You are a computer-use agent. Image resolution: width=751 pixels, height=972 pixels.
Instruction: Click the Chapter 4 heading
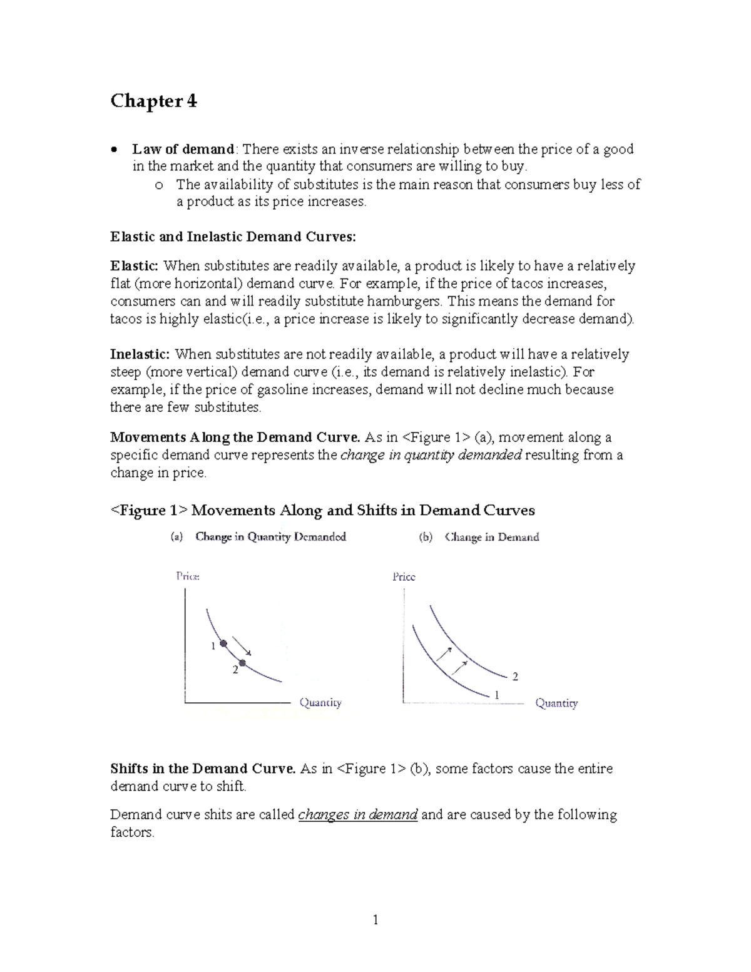click(153, 101)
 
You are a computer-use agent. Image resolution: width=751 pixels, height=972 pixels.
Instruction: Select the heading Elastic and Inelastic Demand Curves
click(233, 237)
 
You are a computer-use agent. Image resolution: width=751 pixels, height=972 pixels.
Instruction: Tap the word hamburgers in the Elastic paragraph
click(403, 301)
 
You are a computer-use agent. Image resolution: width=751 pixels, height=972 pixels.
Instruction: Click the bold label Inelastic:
click(140, 354)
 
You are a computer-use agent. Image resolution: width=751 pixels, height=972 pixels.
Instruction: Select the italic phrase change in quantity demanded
click(431, 455)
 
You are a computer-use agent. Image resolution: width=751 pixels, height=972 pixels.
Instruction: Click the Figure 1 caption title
click(322, 510)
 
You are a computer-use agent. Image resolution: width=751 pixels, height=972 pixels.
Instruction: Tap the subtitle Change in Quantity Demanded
click(270, 537)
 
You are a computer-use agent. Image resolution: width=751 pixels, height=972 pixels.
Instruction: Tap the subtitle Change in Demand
click(491, 537)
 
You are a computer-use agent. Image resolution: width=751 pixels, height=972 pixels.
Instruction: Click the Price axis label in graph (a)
click(188, 576)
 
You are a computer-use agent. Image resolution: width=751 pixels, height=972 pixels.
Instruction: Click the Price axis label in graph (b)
click(404, 576)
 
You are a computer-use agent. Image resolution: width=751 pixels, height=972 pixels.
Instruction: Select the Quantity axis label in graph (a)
click(320, 702)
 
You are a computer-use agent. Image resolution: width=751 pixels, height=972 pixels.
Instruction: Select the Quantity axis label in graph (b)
click(556, 703)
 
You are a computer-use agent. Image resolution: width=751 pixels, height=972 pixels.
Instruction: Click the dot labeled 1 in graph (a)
click(223, 643)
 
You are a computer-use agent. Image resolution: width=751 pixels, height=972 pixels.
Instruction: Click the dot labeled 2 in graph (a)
click(243, 663)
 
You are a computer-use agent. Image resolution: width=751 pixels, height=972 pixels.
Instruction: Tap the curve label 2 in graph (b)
click(515, 677)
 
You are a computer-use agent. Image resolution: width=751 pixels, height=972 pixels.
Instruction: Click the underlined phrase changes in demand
click(358, 815)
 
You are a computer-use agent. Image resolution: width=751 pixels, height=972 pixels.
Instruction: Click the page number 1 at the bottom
click(375, 919)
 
